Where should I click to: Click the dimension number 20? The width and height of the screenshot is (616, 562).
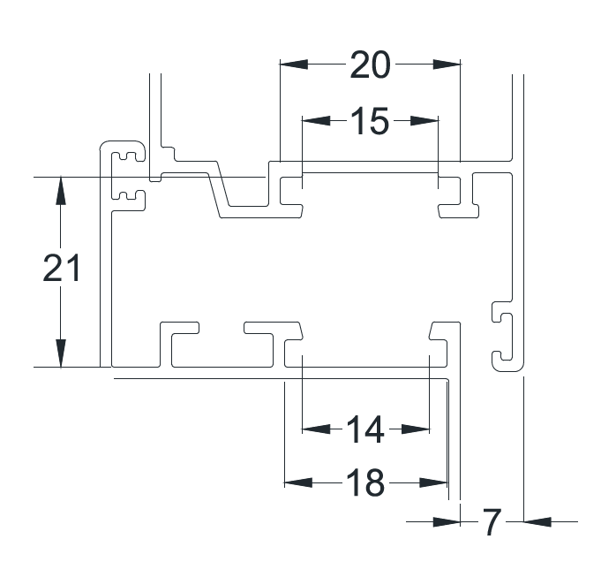pos(370,65)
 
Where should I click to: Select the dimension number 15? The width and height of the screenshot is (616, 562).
pos(370,121)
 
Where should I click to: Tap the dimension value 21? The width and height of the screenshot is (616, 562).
pos(62,269)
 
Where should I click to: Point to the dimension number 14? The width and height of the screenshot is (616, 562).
pos(365,429)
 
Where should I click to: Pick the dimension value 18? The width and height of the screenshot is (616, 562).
pos(365,483)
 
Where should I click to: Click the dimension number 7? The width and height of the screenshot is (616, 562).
pos(492,522)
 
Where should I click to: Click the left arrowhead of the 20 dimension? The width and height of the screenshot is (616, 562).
pos(294,65)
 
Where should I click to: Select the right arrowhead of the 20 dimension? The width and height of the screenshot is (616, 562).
pos(447,65)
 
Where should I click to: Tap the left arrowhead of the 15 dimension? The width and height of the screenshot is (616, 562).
pos(316,120)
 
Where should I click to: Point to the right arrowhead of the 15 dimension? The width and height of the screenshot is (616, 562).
pos(424,120)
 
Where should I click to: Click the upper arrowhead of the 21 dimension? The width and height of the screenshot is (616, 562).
pos(61,191)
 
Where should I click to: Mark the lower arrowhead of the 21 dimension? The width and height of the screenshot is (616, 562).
pos(61,353)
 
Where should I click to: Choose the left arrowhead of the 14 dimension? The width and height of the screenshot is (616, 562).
pos(316,429)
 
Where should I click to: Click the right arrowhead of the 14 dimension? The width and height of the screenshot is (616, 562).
pos(416,429)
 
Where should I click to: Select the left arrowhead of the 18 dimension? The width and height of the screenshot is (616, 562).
pos(298,482)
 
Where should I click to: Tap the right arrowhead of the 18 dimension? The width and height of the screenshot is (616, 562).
pos(433,482)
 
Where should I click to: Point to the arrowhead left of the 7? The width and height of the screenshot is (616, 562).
pos(447,522)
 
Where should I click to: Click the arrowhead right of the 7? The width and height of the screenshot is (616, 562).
pos(537,522)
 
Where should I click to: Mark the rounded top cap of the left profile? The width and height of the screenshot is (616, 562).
pos(122,141)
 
